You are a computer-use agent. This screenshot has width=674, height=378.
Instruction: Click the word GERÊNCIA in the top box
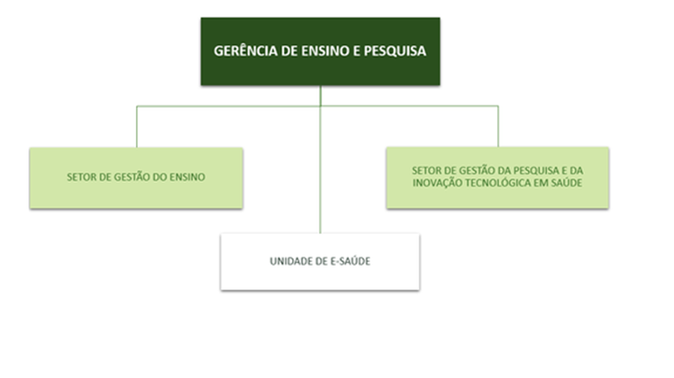click(x=246, y=50)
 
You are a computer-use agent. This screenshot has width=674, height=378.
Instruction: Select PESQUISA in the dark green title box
click(x=395, y=50)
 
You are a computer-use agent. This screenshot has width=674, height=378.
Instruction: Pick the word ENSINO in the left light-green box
click(x=187, y=177)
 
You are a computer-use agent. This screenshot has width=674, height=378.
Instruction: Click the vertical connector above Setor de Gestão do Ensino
click(x=137, y=127)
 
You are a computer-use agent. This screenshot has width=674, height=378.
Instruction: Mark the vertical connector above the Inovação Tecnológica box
click(x=498, y=126)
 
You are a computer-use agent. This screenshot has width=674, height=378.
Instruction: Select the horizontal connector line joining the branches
click(x=317, y=106)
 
